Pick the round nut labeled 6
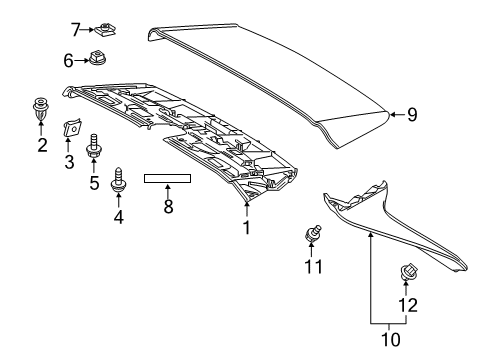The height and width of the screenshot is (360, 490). pyautogui.click(x=99, y=59)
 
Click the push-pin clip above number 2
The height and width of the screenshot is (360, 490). pyautogui.click(x=41, y=105)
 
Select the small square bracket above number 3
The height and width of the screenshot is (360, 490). pyautogui.click(x=71, y=128)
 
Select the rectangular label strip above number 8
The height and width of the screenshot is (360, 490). pyautogui.click(x=167, y=179)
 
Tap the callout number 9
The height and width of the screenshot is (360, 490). pyautogui.click(x=411, y=115)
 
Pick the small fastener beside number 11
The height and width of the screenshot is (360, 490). pyautogui.click(x=312, y=235)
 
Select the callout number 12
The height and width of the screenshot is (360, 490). pyautogui.click(x=406, y=304)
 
